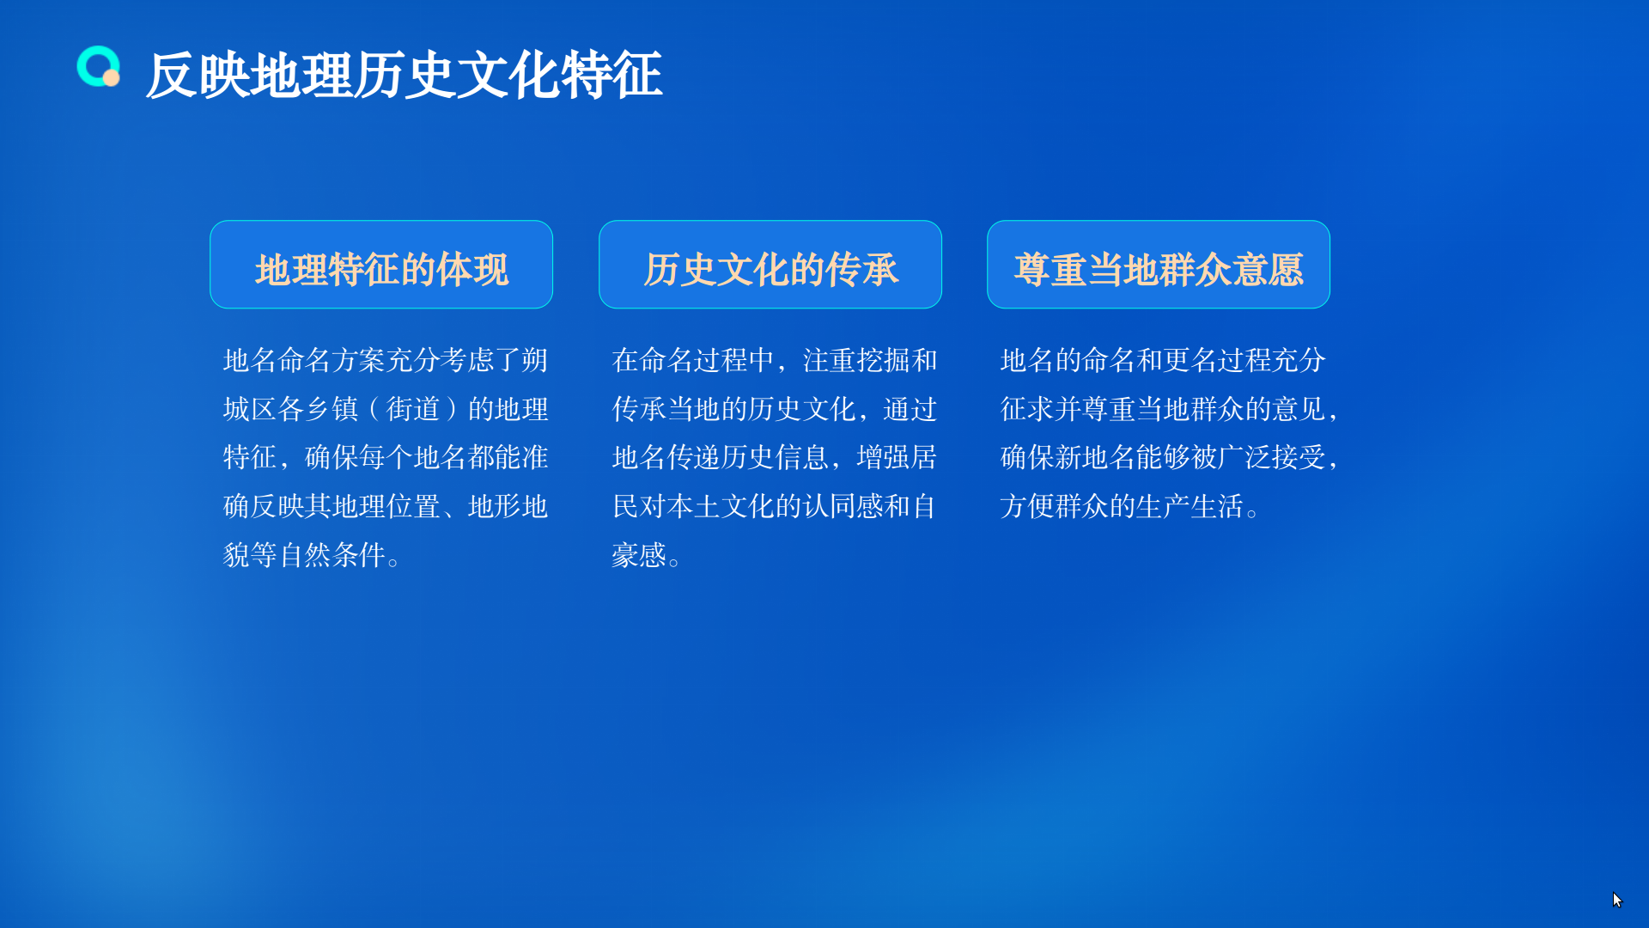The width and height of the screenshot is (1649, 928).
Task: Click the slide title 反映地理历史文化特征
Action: (404, 76)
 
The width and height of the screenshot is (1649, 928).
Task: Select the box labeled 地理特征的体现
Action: (381, 265)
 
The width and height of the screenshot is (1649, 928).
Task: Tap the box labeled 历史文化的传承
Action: (770, 265)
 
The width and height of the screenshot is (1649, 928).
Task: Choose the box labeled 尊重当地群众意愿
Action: (1159, 265)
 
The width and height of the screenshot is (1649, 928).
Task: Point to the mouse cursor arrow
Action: (1617, 900)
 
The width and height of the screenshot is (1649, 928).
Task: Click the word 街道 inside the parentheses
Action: (413, 409)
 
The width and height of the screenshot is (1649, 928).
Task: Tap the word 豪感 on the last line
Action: (639, 555)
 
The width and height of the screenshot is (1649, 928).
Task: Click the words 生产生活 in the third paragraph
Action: (1190, 507)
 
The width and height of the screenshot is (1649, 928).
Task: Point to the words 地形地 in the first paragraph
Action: (508, 507)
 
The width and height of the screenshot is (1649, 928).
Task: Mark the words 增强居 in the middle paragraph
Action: (897, 458)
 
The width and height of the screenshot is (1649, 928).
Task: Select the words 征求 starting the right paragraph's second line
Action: (1027, 409)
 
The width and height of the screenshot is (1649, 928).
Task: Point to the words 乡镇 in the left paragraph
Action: (332, 409)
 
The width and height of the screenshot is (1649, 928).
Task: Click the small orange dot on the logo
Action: (111, 78)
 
